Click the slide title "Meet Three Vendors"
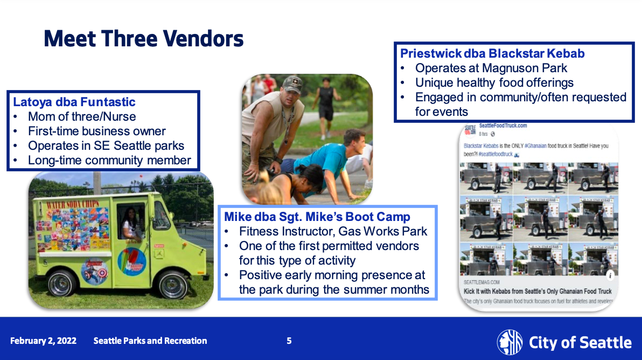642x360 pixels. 143,39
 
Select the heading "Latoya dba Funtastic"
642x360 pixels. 74,102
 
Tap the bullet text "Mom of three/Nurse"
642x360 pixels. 82,116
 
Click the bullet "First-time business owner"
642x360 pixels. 97,131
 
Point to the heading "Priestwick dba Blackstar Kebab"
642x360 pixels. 492,53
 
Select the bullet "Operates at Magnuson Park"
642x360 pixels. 491,68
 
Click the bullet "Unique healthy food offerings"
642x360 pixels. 494,82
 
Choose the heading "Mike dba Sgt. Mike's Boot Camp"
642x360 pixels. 317,217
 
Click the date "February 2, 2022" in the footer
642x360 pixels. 43,341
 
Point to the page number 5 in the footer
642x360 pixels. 289,341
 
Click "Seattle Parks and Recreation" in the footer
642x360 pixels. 150,341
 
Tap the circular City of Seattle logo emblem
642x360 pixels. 510,342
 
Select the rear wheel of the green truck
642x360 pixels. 64,283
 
